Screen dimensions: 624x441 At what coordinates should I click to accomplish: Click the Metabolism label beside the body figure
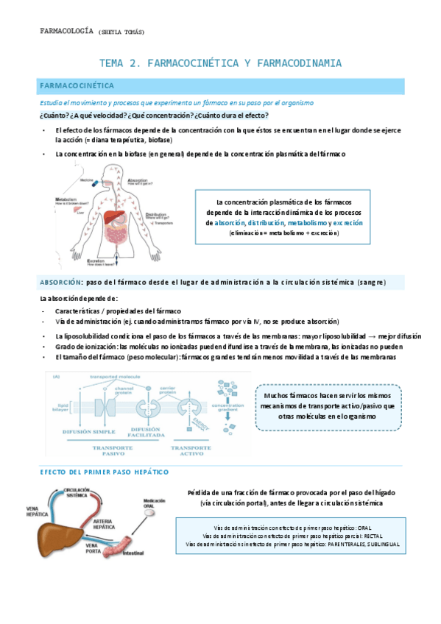pos(67,198)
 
